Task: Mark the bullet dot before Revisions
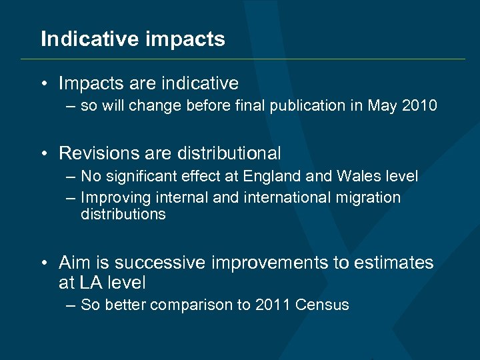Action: coord(43,154)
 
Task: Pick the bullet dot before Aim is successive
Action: coord(43,263)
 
